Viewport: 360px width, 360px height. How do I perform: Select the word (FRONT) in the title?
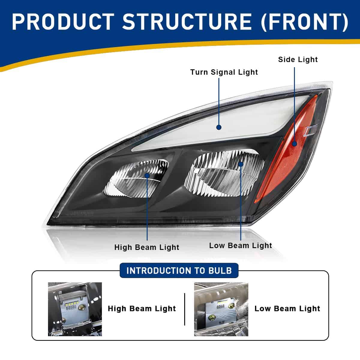click(x=304, y=22)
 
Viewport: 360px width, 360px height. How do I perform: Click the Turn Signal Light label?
click(x=224, y=72)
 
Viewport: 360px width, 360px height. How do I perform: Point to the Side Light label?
click(x=298, y=59)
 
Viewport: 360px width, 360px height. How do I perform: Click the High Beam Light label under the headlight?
click(x=147, y=247)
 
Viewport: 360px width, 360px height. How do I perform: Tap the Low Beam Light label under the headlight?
click(x=241, y=245)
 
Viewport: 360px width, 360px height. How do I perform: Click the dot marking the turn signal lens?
click(x=219, y=127)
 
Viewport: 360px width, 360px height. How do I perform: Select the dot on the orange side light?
click(x=294, y=144)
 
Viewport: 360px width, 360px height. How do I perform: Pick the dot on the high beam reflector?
click(x=147, y=175)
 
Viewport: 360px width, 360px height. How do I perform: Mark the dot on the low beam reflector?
click(x=241, y=164)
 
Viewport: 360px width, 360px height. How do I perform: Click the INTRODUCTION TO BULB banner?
click(x=179, y=271)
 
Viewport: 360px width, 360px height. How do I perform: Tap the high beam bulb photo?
click(x=75, y=309)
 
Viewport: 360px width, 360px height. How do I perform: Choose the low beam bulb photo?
click(x=221, y=309)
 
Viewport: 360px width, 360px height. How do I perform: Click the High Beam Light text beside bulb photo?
click(x=142, y=309)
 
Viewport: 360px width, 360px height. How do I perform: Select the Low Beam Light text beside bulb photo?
click(x=287, y=309)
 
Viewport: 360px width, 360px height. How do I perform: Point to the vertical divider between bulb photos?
click(x=184, y=309)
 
